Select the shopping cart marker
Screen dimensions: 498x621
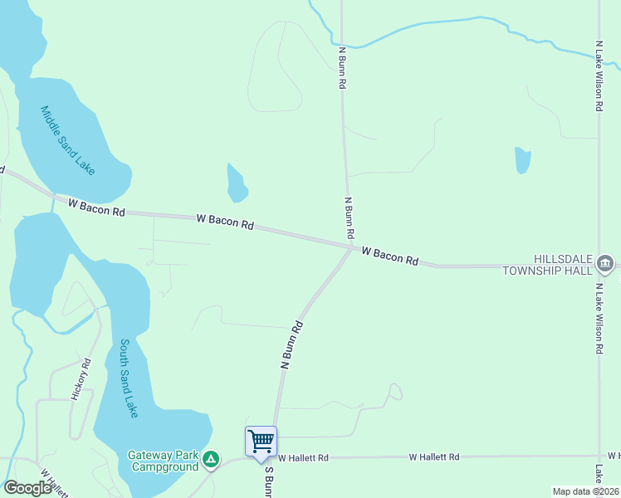click(x=261, y=441)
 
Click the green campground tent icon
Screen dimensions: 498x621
click(x=212, y=458)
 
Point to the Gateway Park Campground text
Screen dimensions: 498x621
click(x=163, y=461)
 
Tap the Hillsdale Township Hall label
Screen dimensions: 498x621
click(x=547, y=265)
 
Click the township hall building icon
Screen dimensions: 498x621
click(x=604, y=266)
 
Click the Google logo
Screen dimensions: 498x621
click(x=27, y=488)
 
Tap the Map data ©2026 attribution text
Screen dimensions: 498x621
click(x=584, y=491)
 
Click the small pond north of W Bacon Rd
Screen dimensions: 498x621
click(x=237, y=183)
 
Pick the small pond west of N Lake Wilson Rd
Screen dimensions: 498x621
click(x=522, y=159)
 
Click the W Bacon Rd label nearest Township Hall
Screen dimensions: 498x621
click(x=389, y=255)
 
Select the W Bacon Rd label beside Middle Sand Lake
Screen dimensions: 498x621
click(x=96, y=207)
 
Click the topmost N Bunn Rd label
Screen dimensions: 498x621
click(x=341, y=68)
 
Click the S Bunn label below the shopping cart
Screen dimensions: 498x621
click(x=268, y=481)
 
